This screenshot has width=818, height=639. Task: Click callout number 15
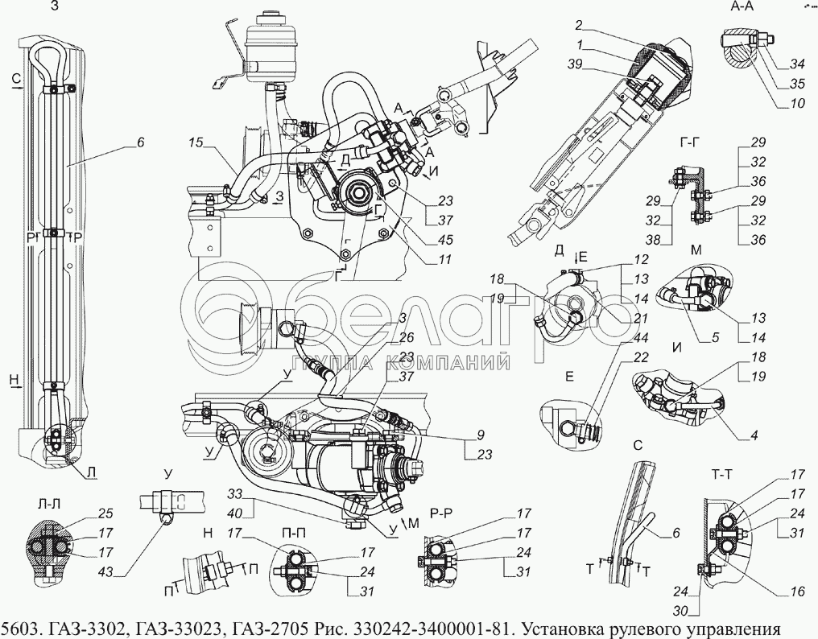(196, 142)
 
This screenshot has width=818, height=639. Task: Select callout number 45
(445, 240)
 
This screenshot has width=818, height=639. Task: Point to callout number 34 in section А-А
(797, 64)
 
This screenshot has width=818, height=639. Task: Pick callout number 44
(641, 338)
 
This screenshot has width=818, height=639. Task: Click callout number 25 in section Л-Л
(105, 514)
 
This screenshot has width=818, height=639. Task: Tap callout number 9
(481, 435)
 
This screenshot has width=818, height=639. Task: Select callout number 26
(407, 337)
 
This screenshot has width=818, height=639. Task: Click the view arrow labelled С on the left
(16, 84)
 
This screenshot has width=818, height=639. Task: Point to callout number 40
(235, 513)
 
